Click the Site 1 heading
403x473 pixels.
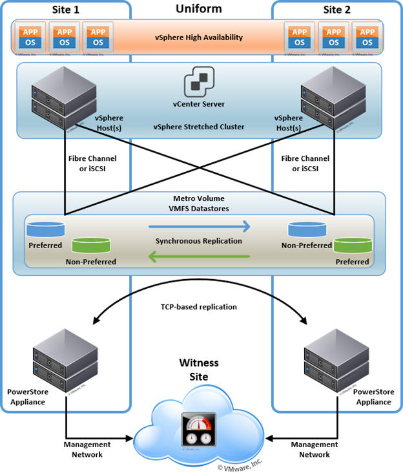pyautogui.click(x=66, y=9)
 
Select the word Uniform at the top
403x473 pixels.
pyautogui.click(x=198, y=8)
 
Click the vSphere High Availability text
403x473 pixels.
pyautogui.click(x=198, y=37)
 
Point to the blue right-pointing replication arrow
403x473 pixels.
pyautogui.click(x=198, y=227)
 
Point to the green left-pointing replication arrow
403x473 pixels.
pyautogui.click(x=198, y=256)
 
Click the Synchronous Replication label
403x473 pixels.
pyautogui.click(x=198, y=241)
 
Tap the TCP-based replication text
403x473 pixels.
pyautogui.click(x=198, y=308)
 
